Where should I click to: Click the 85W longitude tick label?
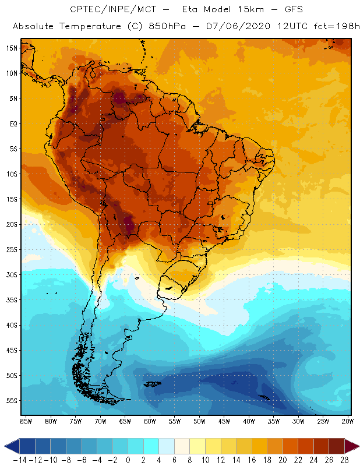[x=26, y=421]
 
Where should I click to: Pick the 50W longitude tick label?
[x=199, y=421]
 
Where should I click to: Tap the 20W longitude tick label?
[x=348, y=421]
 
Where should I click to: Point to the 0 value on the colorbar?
[x=128, y=460]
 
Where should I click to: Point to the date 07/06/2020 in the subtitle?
[x=222, y=27]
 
